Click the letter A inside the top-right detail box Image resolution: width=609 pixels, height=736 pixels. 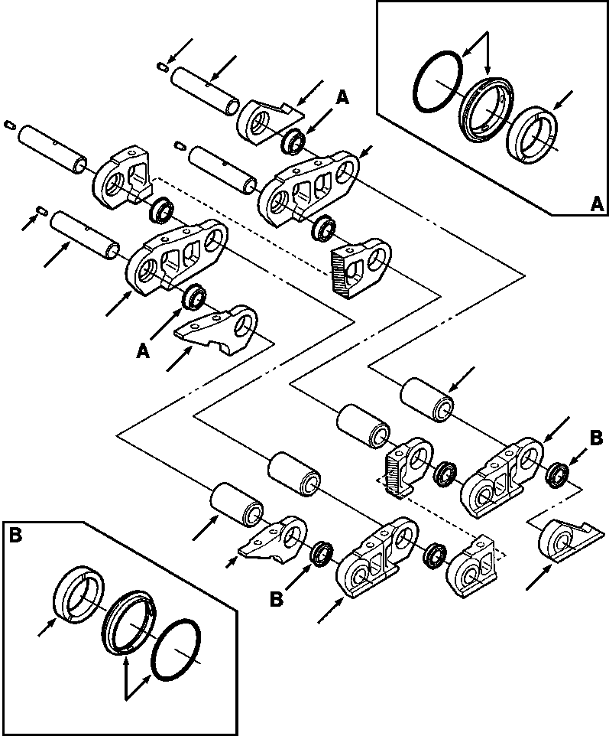(598, 204)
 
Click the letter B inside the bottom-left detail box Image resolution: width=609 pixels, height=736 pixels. (16, 536)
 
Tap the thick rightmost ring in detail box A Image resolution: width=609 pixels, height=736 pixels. (532, 135)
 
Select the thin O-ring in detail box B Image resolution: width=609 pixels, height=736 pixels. (177, 648)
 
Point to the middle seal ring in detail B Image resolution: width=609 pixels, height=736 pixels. (128, 622)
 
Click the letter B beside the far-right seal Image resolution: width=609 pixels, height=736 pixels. (596, 439)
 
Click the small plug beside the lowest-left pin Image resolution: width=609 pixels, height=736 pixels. (43, 210)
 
